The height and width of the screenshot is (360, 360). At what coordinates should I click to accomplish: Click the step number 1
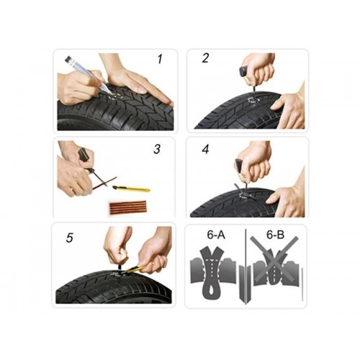(x=160, y=59)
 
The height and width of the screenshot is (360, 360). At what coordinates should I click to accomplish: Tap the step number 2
(x=205, y=58)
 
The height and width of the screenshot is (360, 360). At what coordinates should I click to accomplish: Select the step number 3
(x=157, y=149)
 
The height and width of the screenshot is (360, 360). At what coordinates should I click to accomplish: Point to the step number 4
(x=205, y=149)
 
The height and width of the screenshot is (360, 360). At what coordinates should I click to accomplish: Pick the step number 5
(x=69, y=238)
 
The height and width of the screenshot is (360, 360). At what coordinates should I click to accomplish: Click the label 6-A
(x=216, y=235)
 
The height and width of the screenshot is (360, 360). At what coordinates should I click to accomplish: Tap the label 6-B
(x=275, y=235)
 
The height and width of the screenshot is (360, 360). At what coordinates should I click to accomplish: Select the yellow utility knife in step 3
(x=132, y=189)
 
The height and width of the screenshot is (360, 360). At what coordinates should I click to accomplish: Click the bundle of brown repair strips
(x=128, y=207)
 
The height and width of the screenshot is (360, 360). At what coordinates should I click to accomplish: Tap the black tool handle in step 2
(x=245, y=71)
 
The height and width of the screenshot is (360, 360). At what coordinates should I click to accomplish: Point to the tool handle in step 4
(x=240, y=166)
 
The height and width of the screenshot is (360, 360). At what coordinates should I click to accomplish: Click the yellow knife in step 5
(x=136, y=269)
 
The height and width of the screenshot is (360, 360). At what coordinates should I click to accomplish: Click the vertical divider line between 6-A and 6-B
(x=246, y=266)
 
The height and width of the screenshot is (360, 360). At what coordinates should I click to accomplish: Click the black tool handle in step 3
(x=83, y=156)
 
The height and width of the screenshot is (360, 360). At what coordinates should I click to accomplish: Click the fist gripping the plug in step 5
(x=117, y=251)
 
